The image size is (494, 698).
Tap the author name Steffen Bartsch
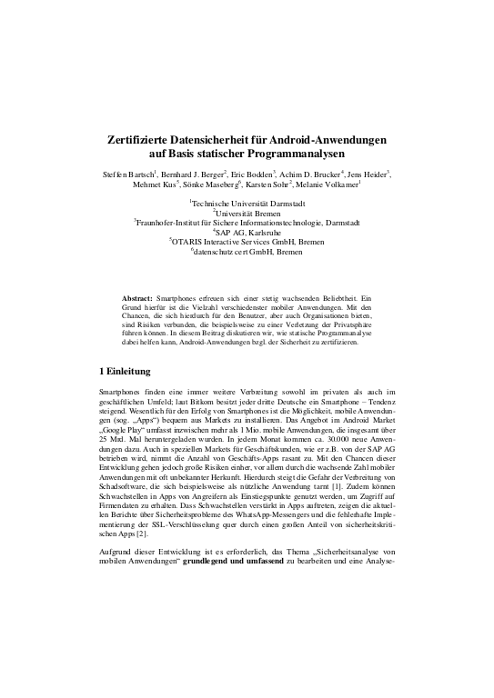[129, 173]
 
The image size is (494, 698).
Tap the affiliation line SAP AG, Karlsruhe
[248, 232]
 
